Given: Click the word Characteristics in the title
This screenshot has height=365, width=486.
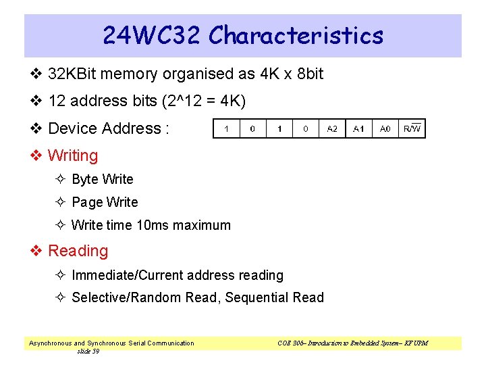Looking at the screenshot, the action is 296,35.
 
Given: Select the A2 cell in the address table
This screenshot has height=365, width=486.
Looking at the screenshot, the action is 332,128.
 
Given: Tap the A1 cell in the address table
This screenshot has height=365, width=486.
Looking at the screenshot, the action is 358,128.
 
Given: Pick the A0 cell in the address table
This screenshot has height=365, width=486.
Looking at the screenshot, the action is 385,128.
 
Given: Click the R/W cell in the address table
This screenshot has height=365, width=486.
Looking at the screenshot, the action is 412,128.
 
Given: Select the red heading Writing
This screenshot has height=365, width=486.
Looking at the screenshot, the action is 73,155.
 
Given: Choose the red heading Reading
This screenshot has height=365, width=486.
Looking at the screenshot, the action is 78,251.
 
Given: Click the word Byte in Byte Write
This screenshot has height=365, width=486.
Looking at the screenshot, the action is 85,179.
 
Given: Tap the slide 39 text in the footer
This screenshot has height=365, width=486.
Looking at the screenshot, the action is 88,351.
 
